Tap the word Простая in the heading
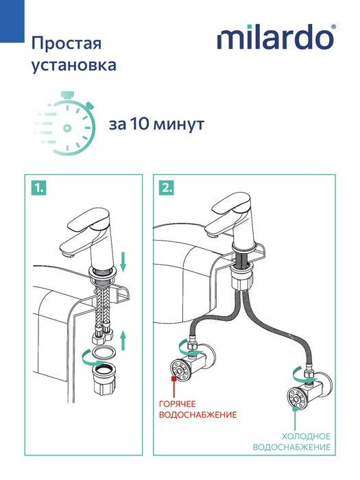66,43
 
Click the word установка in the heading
74,65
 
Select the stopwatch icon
65,123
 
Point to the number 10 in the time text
140,124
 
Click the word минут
179,125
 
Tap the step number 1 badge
39,188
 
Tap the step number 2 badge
167,188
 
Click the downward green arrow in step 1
123,262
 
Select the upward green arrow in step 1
123,340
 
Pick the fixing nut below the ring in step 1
104,378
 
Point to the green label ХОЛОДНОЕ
306,437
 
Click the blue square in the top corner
12,21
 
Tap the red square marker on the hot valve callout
174,379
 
